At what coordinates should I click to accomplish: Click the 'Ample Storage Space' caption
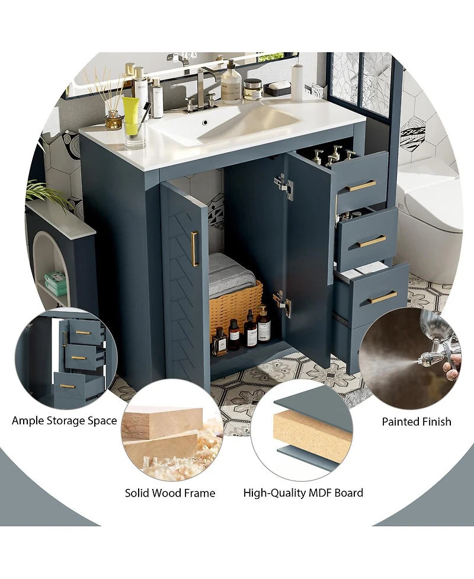point(65,421)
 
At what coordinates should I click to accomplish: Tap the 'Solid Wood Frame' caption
point(170,493)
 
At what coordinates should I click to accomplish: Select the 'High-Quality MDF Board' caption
point(303,493)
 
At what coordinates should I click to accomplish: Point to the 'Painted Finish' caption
point(416,422)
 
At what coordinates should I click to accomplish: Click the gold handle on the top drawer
point(361,186)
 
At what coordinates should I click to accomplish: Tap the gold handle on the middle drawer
point(371,241)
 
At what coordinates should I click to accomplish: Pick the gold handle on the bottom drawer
point(382,297)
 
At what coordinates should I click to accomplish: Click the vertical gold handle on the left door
point(194,249)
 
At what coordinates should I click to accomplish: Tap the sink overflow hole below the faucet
point(205,124)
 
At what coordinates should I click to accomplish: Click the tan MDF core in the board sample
point(312,436)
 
